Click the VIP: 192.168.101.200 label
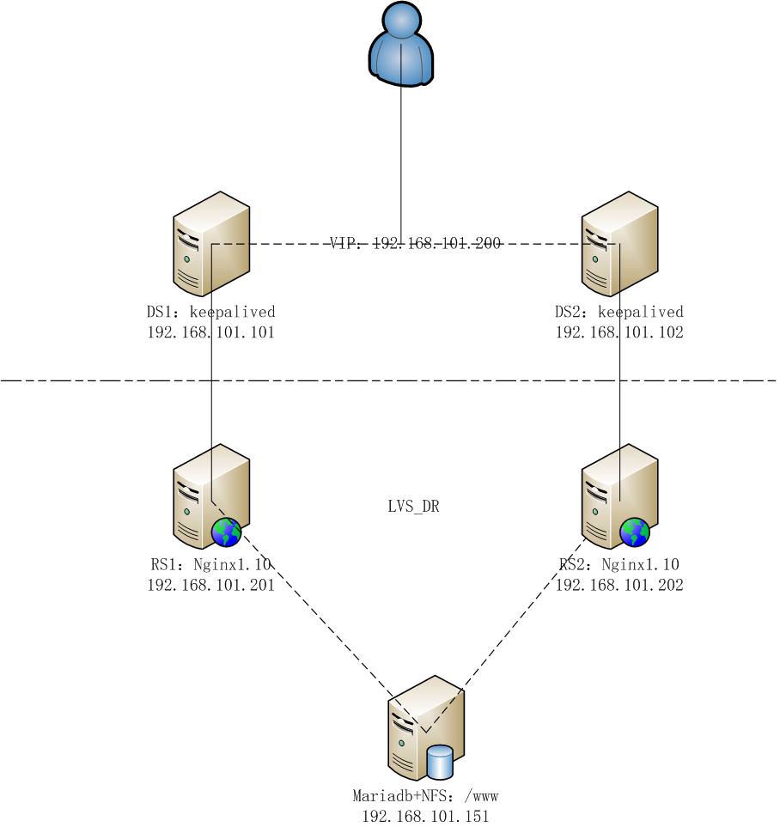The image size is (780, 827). click(x=416, y=244)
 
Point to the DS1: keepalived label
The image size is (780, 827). click(x=210, y=312)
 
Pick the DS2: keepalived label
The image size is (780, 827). click(x=619, y=312)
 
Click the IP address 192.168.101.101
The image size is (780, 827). click(x=210, y=332)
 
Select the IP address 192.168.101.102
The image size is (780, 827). click(x=619, y=332)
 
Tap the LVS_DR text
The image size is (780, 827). click(x=413, y=507)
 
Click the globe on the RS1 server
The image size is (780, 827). click(x=227, y=532)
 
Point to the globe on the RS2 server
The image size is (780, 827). click(x=635, y=532)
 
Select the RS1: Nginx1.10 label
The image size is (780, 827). click(x=210, y=564)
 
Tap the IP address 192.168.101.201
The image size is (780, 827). click(x=210, y=585)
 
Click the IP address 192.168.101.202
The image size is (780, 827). click(x=619, y=585)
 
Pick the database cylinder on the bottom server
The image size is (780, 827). click(x=440, y=761)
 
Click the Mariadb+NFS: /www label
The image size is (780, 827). click(x=425, y=796)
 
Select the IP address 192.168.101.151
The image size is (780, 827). click(x=425, y=817)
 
